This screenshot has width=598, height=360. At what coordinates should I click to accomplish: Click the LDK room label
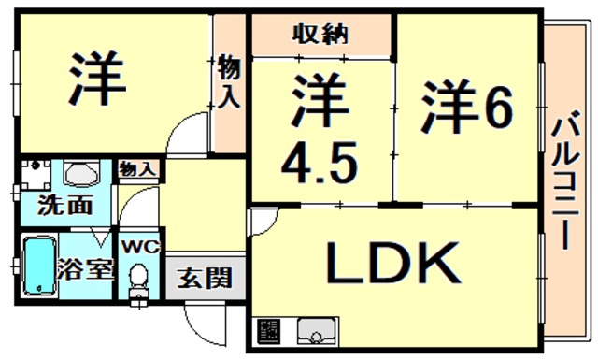pyautogui.click(x=392, y=263)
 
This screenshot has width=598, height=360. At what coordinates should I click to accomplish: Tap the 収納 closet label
pyautogui.click(x=321, y=35)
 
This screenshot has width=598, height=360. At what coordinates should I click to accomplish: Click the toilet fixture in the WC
pyautogui.click(x=138, y=278)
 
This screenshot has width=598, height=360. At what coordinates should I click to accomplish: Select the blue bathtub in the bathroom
pyautogui.click(x=38, y=266)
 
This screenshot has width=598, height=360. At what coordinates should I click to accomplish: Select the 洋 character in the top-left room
pyautogui.click(x=95, y=78)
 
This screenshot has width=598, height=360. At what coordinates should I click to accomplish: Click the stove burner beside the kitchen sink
pyautogui.click(x=269, y=333)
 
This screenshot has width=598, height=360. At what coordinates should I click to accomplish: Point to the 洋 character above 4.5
pyautogui.click(x=320, y=105)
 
